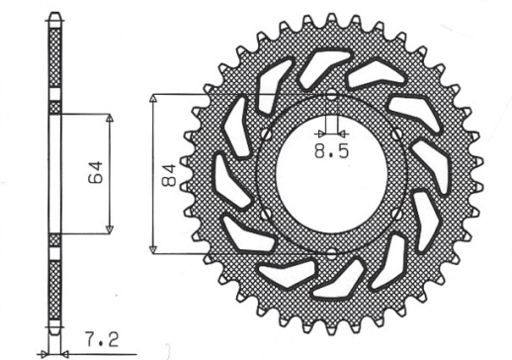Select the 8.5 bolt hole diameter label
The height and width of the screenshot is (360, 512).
click(x=330, y=151)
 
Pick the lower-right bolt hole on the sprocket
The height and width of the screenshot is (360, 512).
click(x=396, y=213)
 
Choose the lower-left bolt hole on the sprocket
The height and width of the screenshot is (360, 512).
click(x=264, y=213)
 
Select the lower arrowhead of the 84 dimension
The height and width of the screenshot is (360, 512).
click(x=153, y=246)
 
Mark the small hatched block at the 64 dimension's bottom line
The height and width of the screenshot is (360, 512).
click(x=53, y=238)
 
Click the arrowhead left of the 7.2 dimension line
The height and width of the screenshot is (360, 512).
click(x=43, y=351)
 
